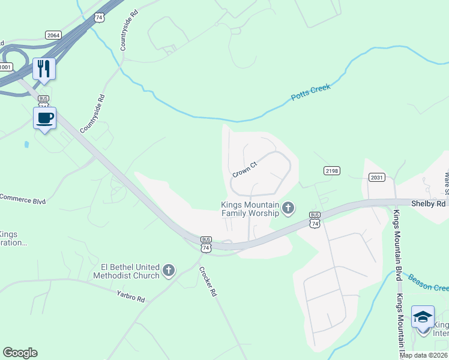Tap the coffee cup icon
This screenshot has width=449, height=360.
pyautogui.click(x=45, y=117)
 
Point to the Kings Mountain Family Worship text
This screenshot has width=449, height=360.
pyautogui.click(x=250, y=209)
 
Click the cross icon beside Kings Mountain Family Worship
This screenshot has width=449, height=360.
pyautogui.click(x=289, y=208)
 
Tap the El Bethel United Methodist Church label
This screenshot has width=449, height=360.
pyautogui.click(x=125, y=271)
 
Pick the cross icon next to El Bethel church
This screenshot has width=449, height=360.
pyautogui.click(x=168, y=271)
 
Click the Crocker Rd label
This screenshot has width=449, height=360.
pyautogui.click(x=208, y=281)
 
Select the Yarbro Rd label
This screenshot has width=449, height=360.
pyautogui.click(x=131, y=295)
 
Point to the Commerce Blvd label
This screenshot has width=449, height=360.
pyautogui.click(x=23, y=199)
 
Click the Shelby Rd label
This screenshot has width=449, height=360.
pyautogui.click(x=429, y=203)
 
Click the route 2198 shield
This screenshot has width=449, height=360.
pyautogui.click(x=331, y=171)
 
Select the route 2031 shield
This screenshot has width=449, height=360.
pyautogui.click(x=377, y=177)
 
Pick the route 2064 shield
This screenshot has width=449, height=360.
pyautogui.click(x=53, y=35)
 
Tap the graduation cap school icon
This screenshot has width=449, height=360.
pyautogui.click(x=423, y=317)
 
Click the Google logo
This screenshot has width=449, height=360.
pyautogui.click(x=20, y=353)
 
